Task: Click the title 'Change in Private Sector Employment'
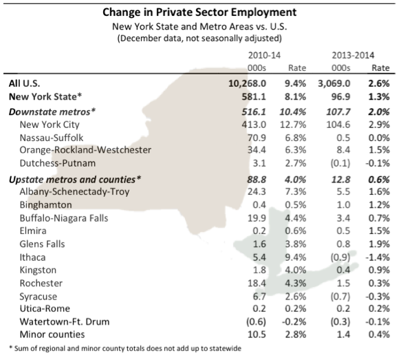[199, 12]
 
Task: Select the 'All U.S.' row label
[24, 83]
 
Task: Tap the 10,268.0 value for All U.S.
[248, 83]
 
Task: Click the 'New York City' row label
[50, 125]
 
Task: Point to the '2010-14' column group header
[264, 55]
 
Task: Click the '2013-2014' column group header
[353, 55]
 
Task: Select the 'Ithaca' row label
[32, 257]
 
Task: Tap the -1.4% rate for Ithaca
[378, 257]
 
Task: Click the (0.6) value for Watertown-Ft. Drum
[256, 321]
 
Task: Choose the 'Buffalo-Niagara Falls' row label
[64, 218]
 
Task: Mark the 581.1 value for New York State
[254, 97]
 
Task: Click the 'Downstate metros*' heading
[52, 112]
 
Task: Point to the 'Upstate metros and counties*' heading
[75, 180]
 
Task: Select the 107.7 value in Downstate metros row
[338, 112]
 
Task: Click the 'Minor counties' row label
[52, 335]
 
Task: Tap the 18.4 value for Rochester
[257, 283]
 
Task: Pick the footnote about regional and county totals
[125, 348]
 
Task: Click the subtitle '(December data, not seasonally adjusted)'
[199, 39]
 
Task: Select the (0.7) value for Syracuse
[340, 297]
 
